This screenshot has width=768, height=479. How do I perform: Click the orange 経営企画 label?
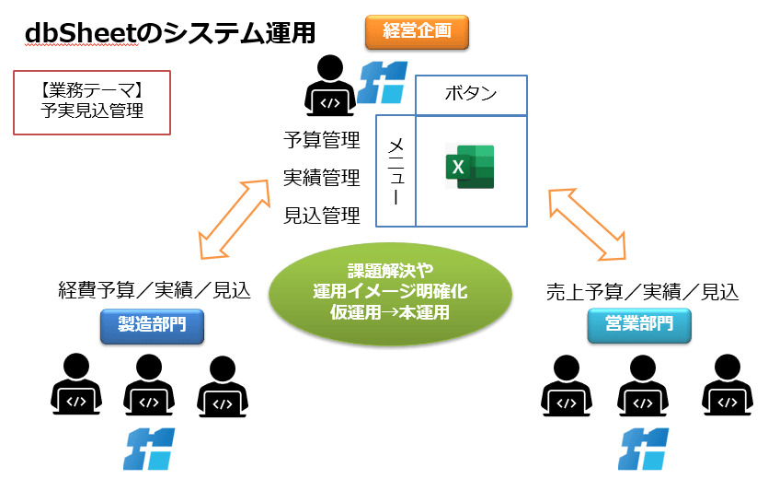click(x=417, y=32)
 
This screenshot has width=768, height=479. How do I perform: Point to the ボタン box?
click(x=471, y=94)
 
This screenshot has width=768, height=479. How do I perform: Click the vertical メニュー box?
click(x=396, y=170)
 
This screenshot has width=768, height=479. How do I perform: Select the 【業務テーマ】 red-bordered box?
click(x=93, y=102)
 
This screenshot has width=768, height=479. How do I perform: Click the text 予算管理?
click(x=321, y=141)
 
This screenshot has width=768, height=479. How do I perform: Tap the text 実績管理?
click(x=321, y=178)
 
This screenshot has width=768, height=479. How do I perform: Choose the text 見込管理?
click(x=321, y=216)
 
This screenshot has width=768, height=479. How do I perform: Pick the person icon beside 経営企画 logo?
click(x=329, y=86)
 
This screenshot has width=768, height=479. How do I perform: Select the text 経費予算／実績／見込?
click(x=153, y=291)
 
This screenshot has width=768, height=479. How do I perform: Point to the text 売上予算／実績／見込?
click(x=641, y=292)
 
